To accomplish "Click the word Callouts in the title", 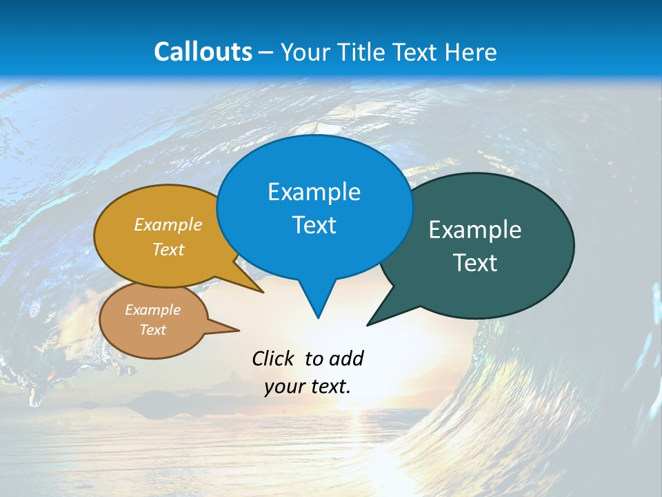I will (x=203, y=52).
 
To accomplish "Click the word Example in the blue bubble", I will (x=314, y=192).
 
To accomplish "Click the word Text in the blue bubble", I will (x=314, y=225).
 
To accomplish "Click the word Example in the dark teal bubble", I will (x=475, y=230).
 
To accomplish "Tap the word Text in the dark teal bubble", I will (x=475, y=263).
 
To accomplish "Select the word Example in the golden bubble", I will (x=168, y=225).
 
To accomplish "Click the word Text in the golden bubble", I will (x=168, y=250).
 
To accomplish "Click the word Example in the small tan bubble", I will (x=153, y=310).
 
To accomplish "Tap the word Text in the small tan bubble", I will (x=153, y=330).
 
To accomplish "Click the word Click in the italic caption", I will (x=273, y=358).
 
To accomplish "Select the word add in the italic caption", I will (x=346, y=358).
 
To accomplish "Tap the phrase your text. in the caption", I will (x=308, y=387).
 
